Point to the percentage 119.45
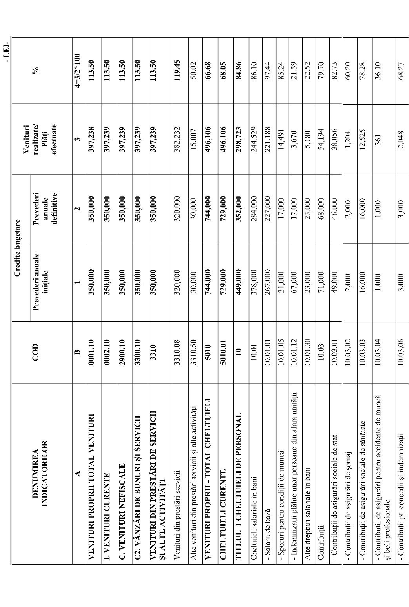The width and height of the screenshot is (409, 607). point(177,70)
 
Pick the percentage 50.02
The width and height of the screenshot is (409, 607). point(193,70)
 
